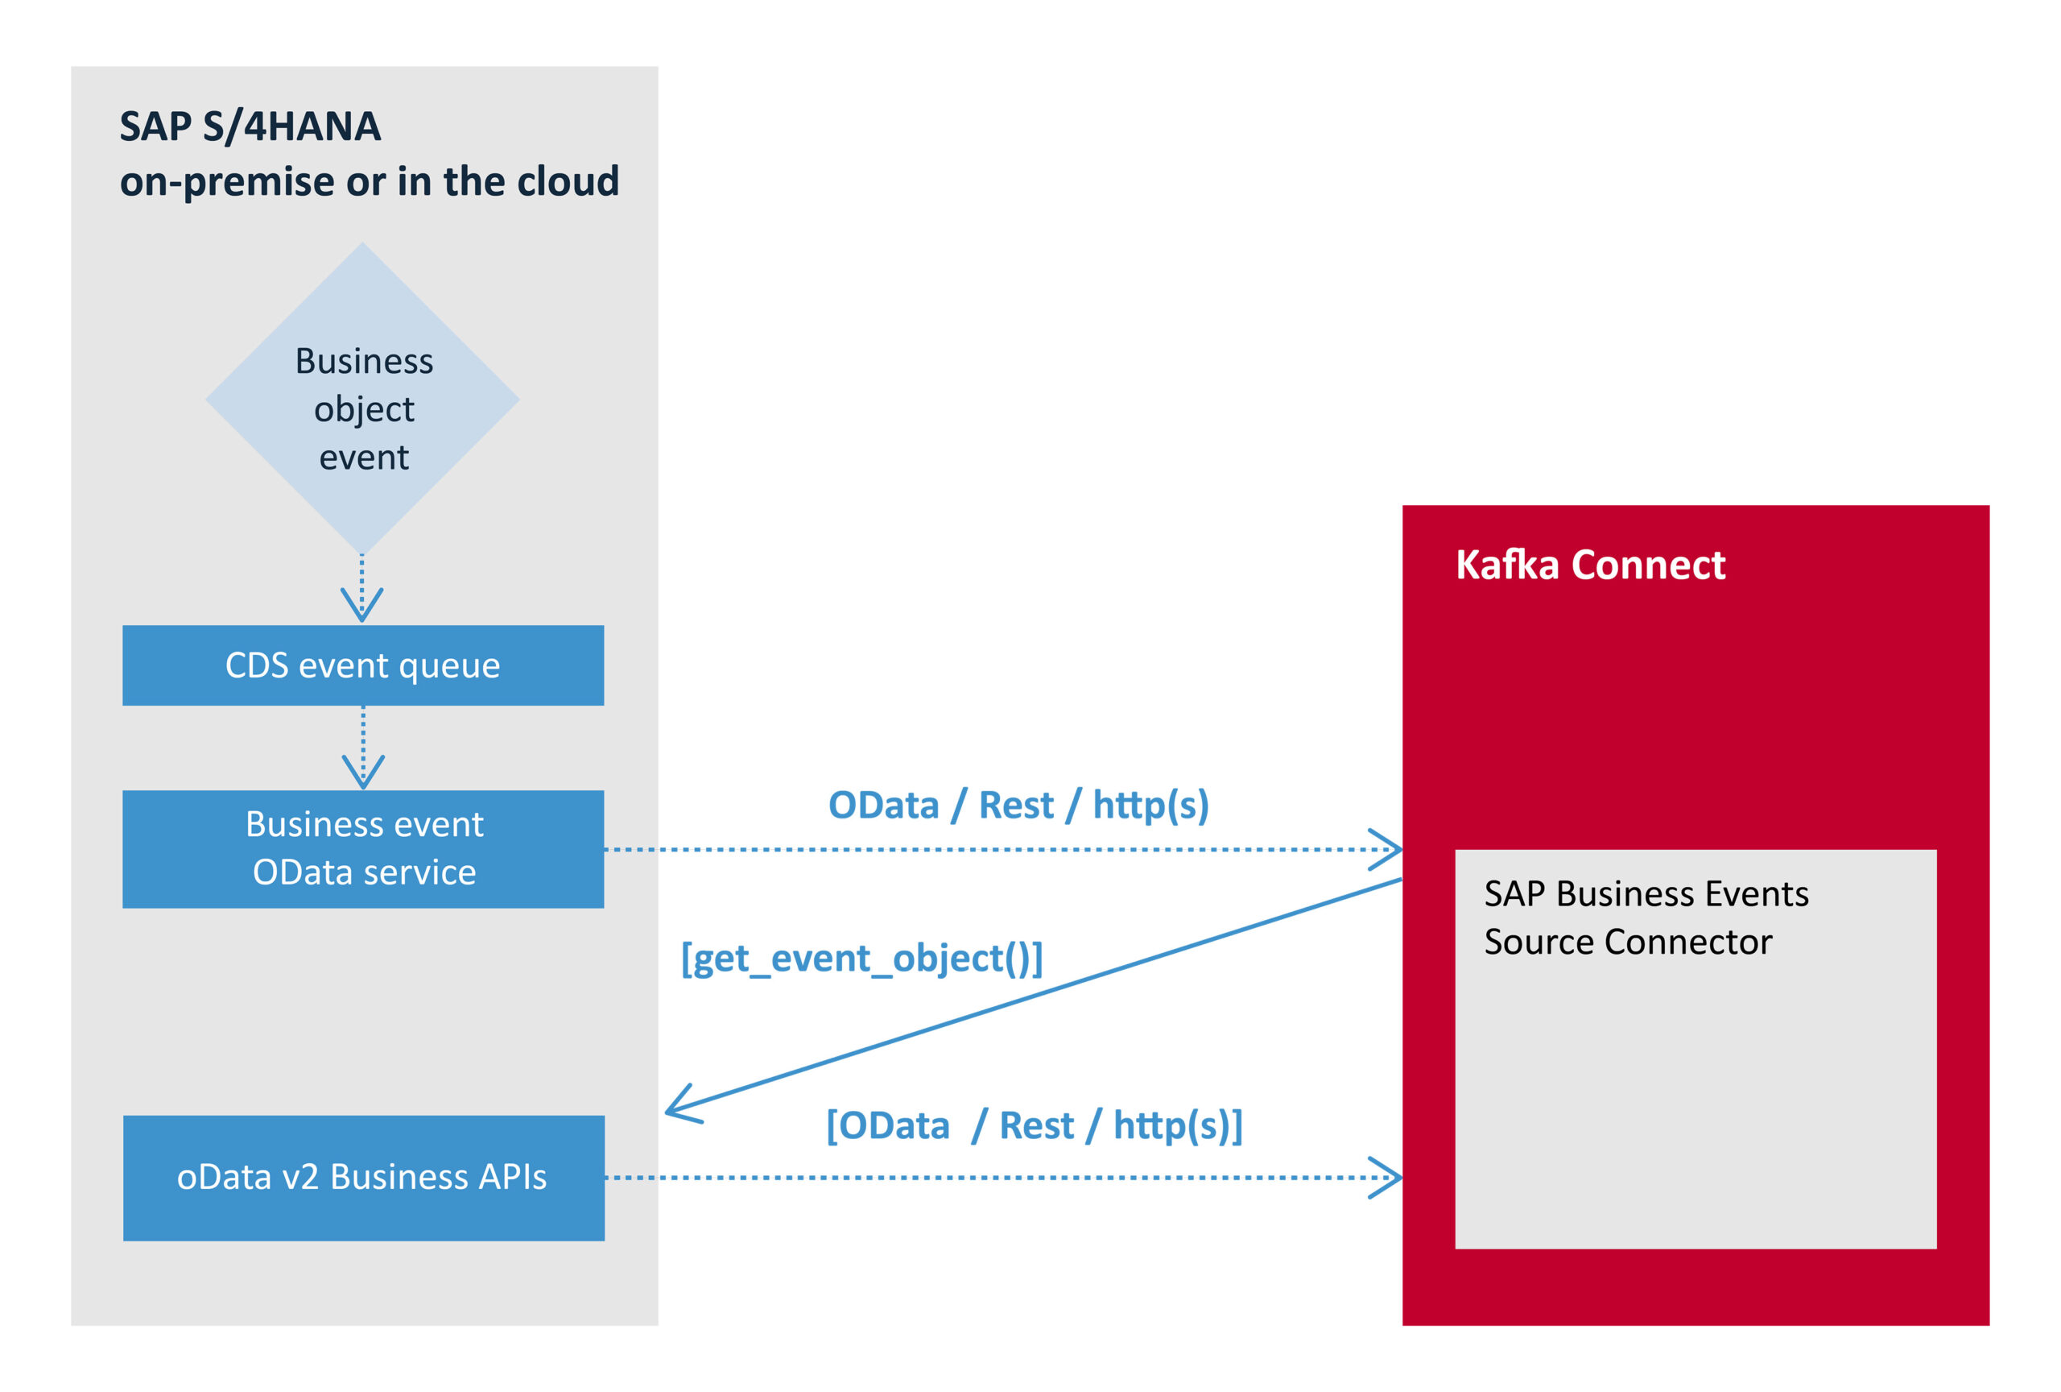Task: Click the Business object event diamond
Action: pos(363,400)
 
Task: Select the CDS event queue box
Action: pos(363,665)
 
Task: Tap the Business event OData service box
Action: pos(363,848)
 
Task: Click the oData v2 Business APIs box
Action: pos(363,1177)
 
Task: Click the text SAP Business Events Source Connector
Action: pos(1645,917)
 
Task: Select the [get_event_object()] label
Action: pos(861,958)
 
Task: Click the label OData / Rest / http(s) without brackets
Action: pos(1018,805)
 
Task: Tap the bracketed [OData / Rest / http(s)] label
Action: pos(1034,1125)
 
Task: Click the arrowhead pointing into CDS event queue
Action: pos(361,606)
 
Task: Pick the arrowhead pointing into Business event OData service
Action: pos(363,773)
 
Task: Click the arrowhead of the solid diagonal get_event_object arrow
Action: pos(681,1105)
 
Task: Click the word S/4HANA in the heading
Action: pos(291,126)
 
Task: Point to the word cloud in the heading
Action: pos(568,181)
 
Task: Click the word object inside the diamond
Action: pos(364,410)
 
